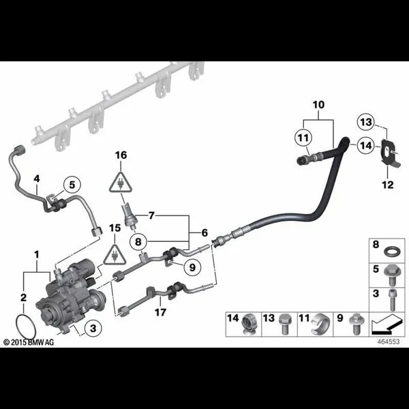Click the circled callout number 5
click(x=72, y=185)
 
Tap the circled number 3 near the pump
click(x=93, y=328)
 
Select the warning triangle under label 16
click(x=121, y=182)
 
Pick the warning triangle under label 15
click(x=115, y=254)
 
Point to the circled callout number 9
click(x=192, y=267)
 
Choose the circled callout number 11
click(x=303, y=138)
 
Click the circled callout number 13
click(x=366, y=122)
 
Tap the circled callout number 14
click(x=365, y=145)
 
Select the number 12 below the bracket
click(x=387, y=185)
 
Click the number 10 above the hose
click(x=318, y=104)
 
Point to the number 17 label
click(x=160, y=312)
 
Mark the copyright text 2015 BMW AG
click(x=29, y=342)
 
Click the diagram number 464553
click(x=389, y=342)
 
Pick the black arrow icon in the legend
click(x=387, y=324)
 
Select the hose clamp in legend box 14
click(x=249, y=324)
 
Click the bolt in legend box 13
click(x=284, y=324)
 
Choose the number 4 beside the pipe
click(x=37, y=179)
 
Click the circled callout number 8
click(x=138, y=241)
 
